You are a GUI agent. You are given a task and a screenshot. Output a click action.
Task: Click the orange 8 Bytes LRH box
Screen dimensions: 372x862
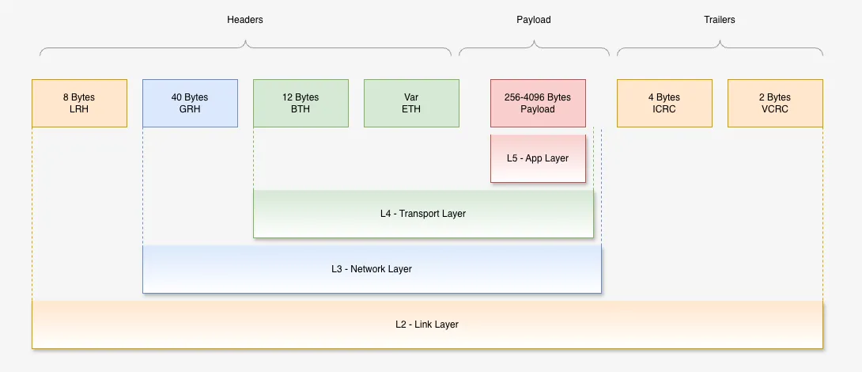pos(79,103)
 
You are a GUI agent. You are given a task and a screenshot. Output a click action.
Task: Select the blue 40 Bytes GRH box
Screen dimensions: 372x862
pos(190,103)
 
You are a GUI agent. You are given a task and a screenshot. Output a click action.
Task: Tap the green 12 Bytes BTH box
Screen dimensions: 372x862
pos(301,103)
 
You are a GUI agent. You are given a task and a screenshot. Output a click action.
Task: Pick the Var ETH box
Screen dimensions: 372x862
pos(411,103)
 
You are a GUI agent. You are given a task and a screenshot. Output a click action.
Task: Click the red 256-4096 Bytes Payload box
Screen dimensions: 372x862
pos(538,103)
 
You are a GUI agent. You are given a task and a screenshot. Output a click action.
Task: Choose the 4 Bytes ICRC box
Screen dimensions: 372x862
pos(664,103)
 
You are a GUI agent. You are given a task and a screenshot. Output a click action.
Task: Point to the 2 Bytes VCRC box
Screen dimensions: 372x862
pos(775,103)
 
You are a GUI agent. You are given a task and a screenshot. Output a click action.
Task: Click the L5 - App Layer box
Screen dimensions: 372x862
pos(538,158)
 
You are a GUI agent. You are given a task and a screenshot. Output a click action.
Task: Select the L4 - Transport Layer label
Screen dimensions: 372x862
pos(423,214)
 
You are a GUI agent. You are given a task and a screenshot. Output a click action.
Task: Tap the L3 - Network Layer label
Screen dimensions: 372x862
pos(372,269)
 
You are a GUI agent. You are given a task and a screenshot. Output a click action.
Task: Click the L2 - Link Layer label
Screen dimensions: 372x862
pos(427,325)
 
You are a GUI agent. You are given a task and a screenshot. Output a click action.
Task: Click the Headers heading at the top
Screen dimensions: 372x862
pos(245,20)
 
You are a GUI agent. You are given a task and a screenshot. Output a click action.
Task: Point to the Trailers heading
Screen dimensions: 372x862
pos(720,20)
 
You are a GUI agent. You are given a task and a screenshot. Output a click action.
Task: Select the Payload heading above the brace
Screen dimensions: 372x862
pos(534,20)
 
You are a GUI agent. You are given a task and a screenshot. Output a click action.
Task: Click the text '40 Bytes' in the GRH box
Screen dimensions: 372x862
pos(190,97)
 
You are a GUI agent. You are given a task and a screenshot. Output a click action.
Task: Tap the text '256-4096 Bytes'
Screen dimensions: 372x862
pos(538,97)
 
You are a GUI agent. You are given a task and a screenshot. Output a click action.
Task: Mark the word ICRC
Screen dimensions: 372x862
pos(664,109)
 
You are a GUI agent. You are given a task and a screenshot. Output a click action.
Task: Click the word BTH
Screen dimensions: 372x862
pos(301,109)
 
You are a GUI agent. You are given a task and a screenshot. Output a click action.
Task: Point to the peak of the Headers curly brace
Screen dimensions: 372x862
pos(245,39)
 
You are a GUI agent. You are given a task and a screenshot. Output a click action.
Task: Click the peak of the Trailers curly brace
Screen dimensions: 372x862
pos(720,39)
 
